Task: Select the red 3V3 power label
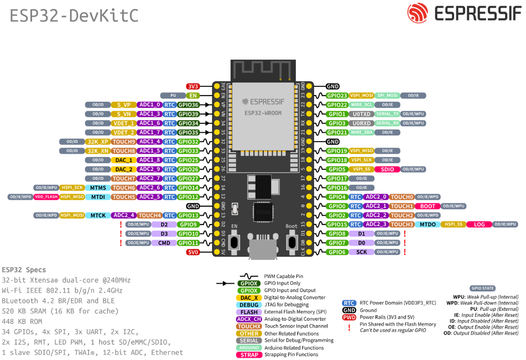point(192,86)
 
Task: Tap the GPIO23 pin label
point(336,96)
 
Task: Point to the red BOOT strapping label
point(428,206)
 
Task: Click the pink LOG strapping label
point(479,225)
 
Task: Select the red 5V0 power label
point(192,252)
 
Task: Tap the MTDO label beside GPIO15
point(428,225)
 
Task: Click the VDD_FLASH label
point(46,197)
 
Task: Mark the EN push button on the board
point(234,242)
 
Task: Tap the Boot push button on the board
point(291,242)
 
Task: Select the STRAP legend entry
point(249,355)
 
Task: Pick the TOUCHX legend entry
point(249,326)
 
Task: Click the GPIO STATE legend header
point(483,289)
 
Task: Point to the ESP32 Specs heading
point(24,270)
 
